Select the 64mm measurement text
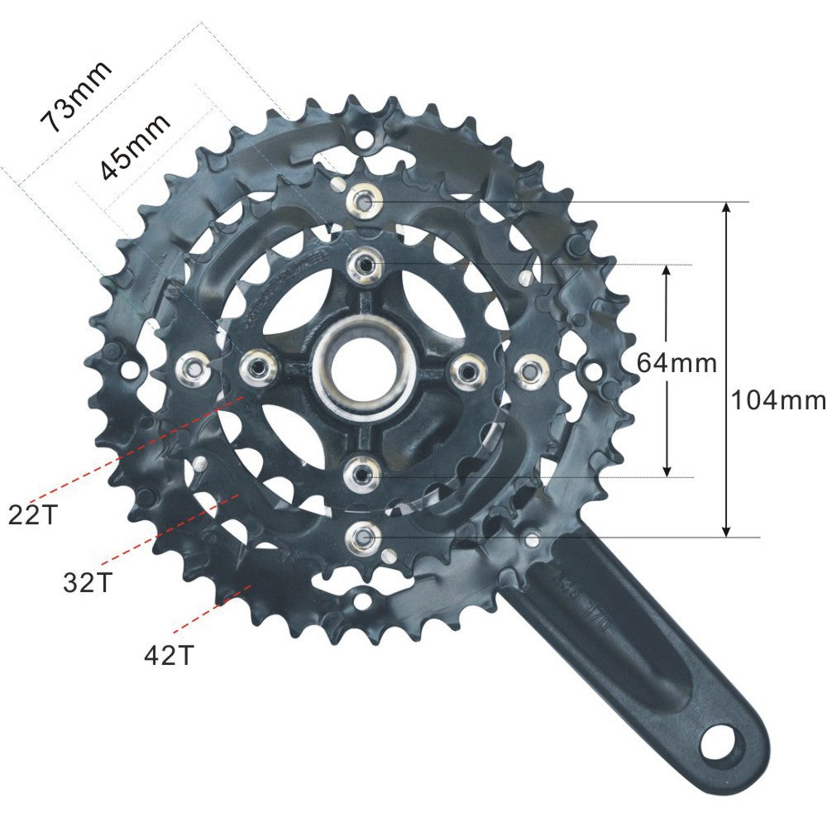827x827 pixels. (x=676, y=362)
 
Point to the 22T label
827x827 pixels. (x=34, y=514)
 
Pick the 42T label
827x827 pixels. (x=169, y=655)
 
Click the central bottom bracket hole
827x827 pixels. (x=364, y=369)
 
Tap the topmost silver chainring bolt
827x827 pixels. (x=364, y=199)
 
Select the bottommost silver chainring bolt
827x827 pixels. (x=364, y=538)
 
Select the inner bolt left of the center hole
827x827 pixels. (x=259, y=366)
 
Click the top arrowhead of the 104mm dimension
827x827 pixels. (x=726, y=208)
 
